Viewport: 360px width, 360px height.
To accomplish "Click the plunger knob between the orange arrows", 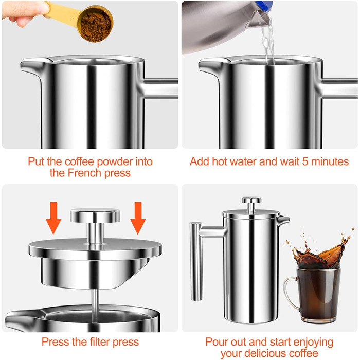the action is click(x=95, y=216).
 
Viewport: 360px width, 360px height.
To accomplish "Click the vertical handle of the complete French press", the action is click(x=196, y=261).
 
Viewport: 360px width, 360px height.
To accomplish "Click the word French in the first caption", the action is click(x=84, y=173).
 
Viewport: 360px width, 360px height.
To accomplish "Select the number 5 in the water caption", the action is click(x=305, y=161).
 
